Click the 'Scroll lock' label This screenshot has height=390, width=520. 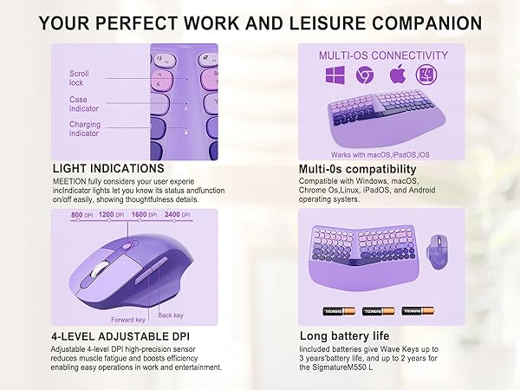79,79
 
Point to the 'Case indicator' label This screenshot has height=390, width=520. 79,104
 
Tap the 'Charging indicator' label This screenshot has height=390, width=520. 85,130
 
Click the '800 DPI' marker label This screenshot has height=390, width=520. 81,214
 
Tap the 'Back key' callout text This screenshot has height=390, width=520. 171,315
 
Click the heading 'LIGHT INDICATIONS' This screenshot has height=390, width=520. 108,168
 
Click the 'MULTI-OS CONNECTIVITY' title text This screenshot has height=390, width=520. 371,55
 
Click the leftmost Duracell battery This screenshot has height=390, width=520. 333,310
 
